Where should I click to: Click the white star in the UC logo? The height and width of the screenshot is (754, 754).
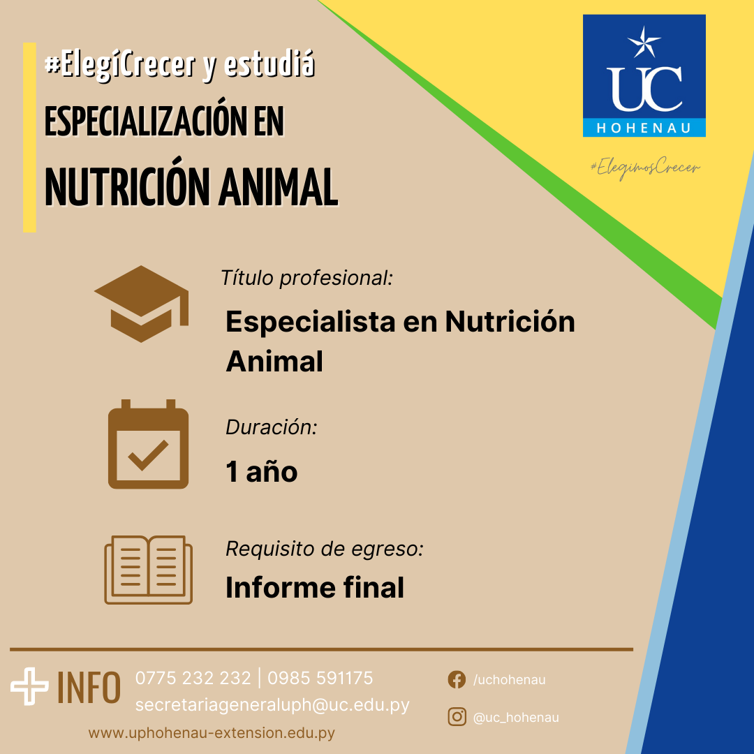[644, 42]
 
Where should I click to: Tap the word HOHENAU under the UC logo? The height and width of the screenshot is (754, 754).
[644, 128]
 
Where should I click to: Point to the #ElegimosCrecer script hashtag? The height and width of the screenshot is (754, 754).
[645, 168]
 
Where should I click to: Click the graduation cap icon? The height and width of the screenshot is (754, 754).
[141, 304]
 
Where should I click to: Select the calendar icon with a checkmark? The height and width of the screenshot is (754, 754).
[148, 444]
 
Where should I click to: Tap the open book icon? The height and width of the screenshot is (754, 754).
[148, 570]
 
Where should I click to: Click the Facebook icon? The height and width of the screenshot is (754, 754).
[457, 679]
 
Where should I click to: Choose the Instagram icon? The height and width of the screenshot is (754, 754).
[457, 717]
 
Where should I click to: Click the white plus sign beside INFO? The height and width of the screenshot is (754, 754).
[29, 686]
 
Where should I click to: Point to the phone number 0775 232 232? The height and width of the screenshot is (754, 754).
[193, 678]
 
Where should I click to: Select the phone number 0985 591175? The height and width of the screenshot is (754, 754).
[320, 678]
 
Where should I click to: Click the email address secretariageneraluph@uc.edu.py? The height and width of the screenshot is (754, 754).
[272, 705]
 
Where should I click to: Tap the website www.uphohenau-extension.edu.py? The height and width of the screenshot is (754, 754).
[212, 733]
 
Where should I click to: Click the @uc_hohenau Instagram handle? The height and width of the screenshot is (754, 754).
[516, 718]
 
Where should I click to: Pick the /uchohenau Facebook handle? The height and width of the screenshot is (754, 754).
[509, 679]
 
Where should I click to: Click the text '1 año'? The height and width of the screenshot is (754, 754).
[262, 471]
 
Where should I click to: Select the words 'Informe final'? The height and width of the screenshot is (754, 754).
[315, 588]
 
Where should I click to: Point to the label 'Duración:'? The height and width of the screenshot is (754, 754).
[272, 427]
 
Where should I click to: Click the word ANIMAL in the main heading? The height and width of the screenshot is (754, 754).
[279, 188]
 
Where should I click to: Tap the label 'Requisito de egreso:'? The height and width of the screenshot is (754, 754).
[325, 549]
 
